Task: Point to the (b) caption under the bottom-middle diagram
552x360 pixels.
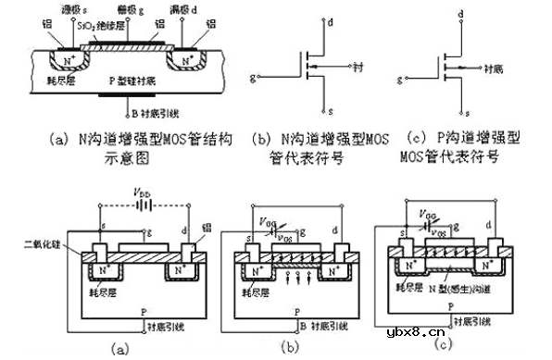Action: [x=290, y=348]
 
